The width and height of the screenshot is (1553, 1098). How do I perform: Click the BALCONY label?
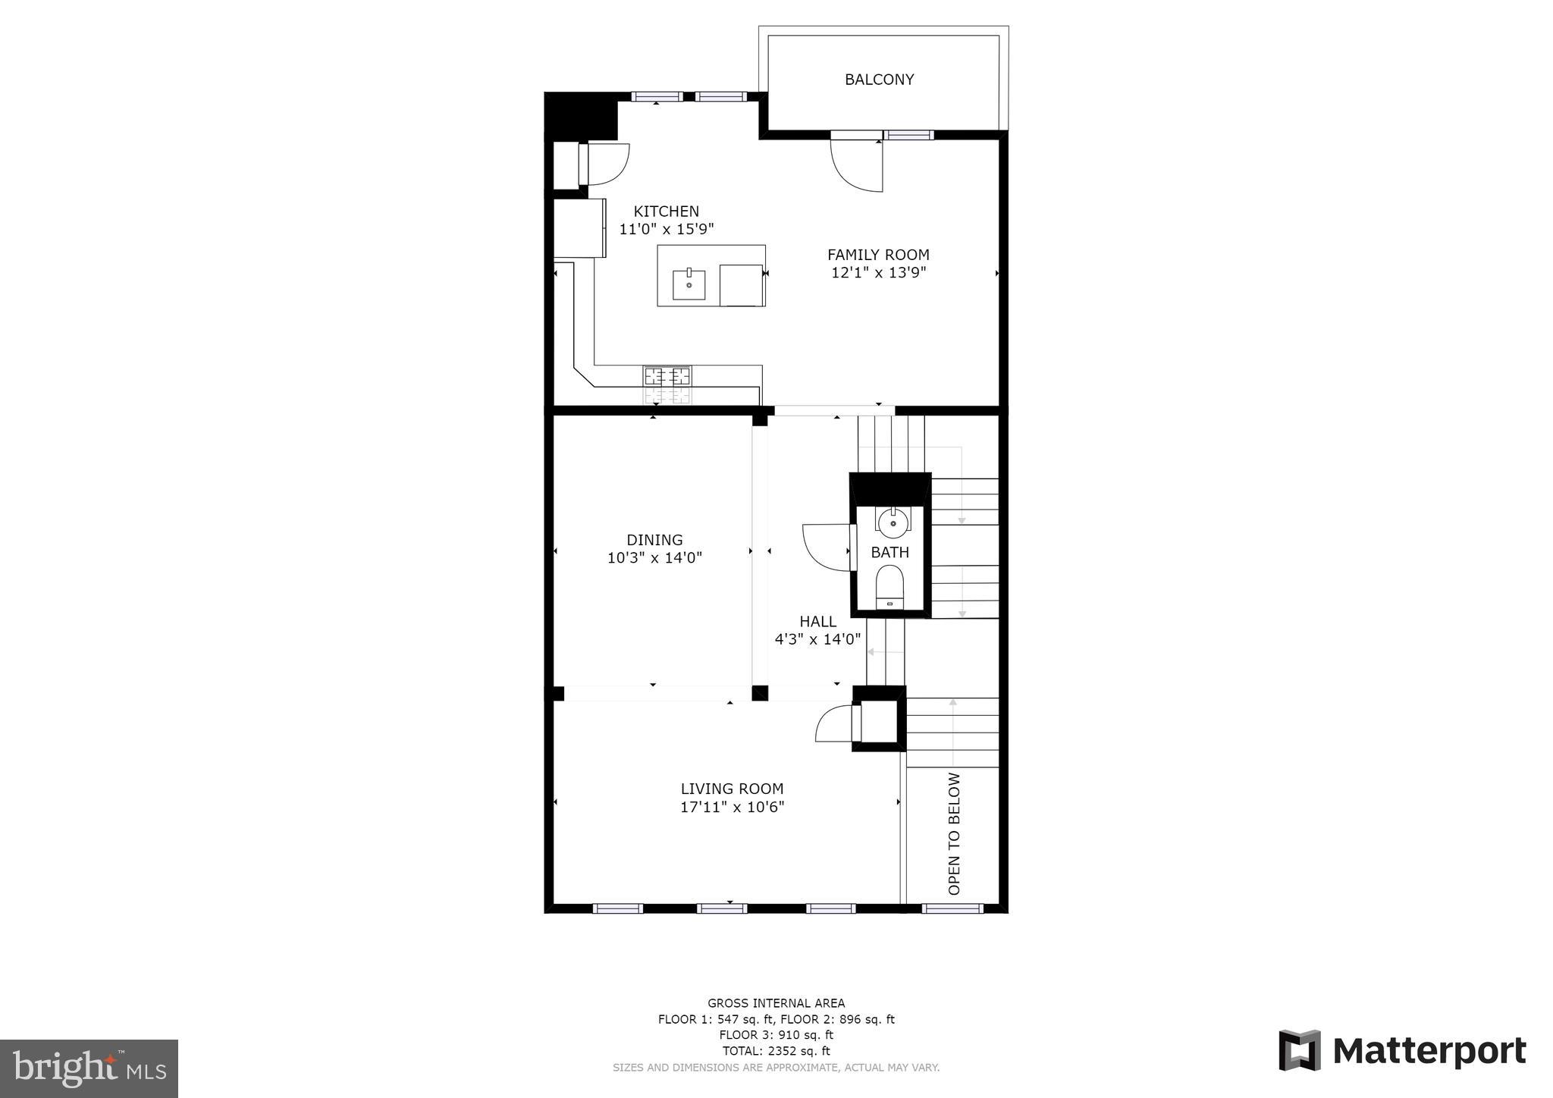click(879, 80)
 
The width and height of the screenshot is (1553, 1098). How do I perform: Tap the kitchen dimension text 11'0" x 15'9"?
click(667, 229)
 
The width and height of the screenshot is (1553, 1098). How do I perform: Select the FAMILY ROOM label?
click(878, 255)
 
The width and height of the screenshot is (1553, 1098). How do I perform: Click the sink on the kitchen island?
click(689, 285)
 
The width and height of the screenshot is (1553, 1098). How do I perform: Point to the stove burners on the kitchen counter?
click(667, 376)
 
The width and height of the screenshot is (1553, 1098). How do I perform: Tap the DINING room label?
click(654, 540)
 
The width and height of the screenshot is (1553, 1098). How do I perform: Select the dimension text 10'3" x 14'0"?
click(654, 558)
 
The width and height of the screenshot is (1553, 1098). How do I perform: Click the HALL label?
click(817, 621)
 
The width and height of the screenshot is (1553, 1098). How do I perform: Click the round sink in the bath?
click(893, 522)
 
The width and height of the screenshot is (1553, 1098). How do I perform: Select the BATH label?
click(889, 552)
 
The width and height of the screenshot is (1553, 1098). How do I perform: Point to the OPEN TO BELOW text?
click(954, 833)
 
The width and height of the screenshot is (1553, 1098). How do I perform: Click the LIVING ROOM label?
click(732, 789)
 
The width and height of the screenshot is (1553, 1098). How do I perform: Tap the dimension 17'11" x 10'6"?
click(732, 807)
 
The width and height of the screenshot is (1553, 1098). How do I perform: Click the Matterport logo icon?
click(1300, 1050)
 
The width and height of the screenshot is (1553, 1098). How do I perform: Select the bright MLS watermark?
click(89, 1069)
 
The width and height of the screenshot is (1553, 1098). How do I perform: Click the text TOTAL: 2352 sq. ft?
click(776, 1051)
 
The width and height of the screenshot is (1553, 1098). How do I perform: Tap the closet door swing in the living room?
click(834, 724)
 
